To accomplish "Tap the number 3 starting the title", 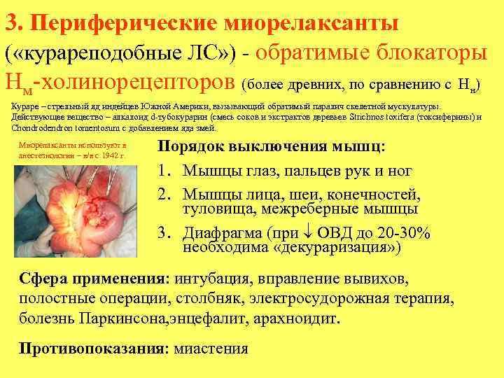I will coord(10,22).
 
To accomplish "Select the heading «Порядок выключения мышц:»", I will coord(271,148).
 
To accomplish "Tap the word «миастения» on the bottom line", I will coord(211,349).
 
